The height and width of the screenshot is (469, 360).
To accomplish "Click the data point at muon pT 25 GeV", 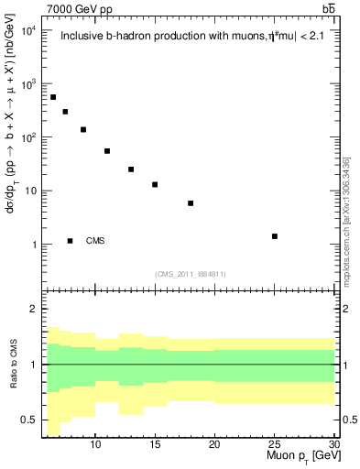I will point(275,236).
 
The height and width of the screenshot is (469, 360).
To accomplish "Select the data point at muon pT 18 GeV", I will point(191,203).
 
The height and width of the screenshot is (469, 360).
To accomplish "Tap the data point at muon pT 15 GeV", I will point(155,184).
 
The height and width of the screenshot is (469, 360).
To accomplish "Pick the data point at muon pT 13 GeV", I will point(131,169).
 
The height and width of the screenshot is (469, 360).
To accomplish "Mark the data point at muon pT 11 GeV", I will point(107,151).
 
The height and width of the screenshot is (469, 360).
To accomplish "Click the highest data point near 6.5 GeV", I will point(53,97).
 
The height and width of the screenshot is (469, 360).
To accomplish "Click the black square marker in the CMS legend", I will point(71,241).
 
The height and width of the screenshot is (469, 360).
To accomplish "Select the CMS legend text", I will point(95,241).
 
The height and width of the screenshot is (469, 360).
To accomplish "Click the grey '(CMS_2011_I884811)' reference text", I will point(191,273).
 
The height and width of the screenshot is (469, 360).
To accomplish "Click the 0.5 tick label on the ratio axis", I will point(28,420).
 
